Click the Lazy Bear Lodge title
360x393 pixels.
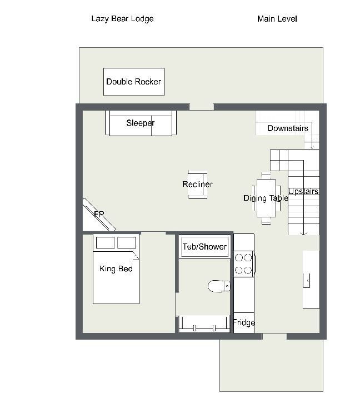tap(122, 19)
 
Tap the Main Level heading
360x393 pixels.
tap(277, 19)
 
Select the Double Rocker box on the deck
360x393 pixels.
tap(134, 82)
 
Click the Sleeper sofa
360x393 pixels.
tap(141, 123)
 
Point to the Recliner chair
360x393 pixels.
tap(198, 185)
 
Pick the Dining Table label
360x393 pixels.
tap(266, 198)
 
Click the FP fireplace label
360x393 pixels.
tap(99, 215)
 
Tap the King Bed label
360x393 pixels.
tap(116, 269)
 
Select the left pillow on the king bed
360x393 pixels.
tap(106, 242)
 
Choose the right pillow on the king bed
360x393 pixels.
tap(127, 242)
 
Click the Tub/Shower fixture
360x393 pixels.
tap(204, 247)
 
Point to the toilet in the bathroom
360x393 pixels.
tap(219, 286)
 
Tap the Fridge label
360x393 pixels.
tap(244, 322)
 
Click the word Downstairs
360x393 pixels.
tap(288, 128)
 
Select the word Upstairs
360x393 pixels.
tap(303, 191)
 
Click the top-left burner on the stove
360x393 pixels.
tap(239, 258)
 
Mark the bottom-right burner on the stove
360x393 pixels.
tap(248, 271)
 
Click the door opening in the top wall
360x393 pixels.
tap(201, 107)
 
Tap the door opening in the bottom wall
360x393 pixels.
tap(274, 337)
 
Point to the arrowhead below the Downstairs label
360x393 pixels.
tap(312, 147)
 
